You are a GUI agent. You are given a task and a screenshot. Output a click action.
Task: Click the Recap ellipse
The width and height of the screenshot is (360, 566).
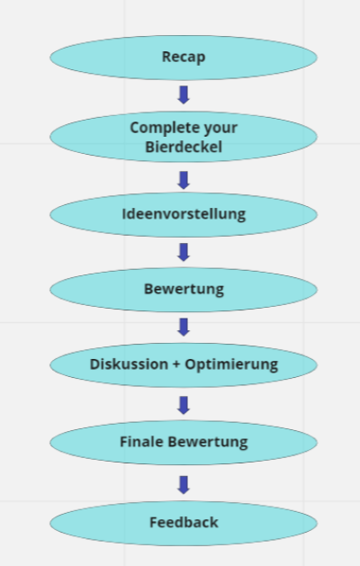click(184, 58)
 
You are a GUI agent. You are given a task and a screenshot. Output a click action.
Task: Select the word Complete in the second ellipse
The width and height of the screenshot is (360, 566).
click(159, 128)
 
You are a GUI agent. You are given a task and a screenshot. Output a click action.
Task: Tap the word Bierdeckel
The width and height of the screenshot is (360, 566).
click(184, 147)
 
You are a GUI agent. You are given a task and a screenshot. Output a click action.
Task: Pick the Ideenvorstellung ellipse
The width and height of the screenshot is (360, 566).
click(184, 215)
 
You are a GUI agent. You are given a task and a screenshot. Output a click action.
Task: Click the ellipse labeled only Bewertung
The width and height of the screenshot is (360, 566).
click(184, 290)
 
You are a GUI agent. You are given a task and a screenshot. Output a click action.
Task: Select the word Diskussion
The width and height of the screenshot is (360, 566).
click(129, 364)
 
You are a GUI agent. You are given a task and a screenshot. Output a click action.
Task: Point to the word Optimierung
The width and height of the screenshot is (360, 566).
click(231, 365)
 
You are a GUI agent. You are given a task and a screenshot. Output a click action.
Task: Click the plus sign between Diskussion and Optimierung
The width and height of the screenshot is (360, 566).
click(176, 364)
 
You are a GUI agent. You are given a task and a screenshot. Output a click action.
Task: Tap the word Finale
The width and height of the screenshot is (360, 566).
click(141, 442)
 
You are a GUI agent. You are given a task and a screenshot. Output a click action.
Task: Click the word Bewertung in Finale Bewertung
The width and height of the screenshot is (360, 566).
click(208, 443)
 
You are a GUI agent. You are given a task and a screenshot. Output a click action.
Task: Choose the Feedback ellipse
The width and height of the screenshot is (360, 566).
click(184, 523)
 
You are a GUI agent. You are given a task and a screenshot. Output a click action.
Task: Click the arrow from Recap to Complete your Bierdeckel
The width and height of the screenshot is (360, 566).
click(184, 95)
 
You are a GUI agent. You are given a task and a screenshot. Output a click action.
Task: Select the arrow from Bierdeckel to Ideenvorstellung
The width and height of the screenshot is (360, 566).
click(184, 180)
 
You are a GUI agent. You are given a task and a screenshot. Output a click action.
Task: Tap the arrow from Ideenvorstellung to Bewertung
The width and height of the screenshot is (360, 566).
click(184, 252)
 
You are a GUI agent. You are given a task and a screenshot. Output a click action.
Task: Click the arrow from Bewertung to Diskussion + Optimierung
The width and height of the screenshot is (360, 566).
click(184, 327)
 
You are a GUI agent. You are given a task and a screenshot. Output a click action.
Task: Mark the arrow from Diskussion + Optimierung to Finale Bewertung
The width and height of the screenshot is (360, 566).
click(184, 405)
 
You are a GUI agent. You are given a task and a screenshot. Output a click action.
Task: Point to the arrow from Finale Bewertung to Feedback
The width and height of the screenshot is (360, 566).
click(184, 485)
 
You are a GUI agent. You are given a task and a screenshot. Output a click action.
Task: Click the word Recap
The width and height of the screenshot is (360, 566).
click(184, 58)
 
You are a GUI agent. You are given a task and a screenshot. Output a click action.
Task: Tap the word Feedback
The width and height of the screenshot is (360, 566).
click(184, 522)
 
